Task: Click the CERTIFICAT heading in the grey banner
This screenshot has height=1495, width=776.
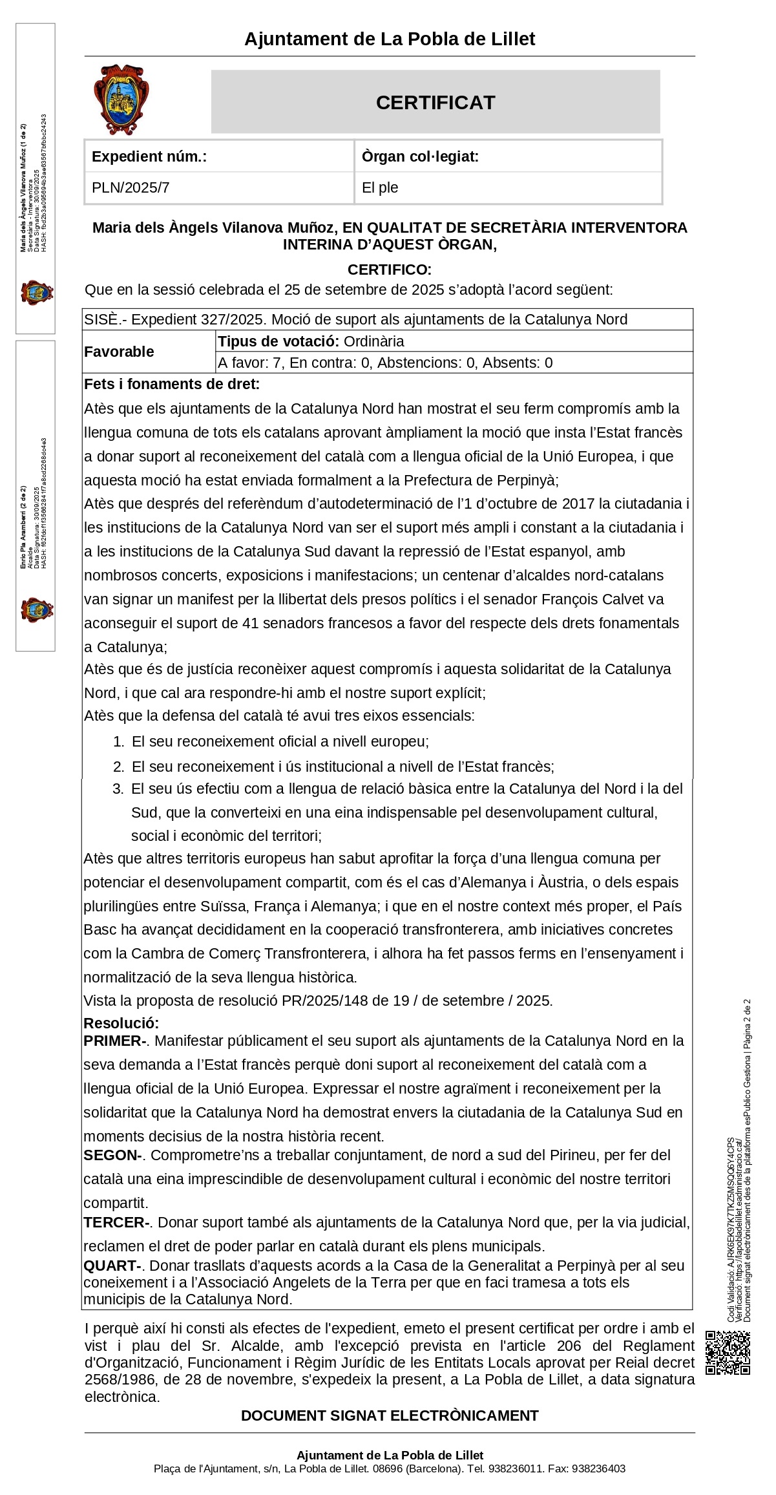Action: coord(435,103)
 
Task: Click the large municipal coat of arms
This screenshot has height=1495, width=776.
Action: coord(121,100)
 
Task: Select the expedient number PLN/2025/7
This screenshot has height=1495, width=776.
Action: coord(131,188)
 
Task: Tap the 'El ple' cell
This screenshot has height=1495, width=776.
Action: coord(380,188)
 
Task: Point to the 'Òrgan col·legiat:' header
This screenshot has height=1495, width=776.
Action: coord(420,156)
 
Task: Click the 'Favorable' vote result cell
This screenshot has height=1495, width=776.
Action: coord(120,352)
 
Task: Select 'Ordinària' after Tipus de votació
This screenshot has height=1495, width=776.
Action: coord(373,341)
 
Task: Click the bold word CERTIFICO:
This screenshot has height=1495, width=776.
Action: coord(389,270)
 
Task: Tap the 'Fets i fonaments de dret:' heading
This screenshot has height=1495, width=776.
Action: coord(172,385)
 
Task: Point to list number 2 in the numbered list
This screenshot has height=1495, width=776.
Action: coord(118,767)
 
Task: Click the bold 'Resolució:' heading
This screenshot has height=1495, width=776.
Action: coord(121,1023)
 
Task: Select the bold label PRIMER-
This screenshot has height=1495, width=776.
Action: coord(115,1041)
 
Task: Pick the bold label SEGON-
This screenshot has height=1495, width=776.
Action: coord(112,1155)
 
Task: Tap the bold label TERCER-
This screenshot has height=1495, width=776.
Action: coord(116,1222)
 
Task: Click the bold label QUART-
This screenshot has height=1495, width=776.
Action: coord(112,1266)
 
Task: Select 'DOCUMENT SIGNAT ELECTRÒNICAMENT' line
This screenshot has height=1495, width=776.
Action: coord(390,1416)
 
